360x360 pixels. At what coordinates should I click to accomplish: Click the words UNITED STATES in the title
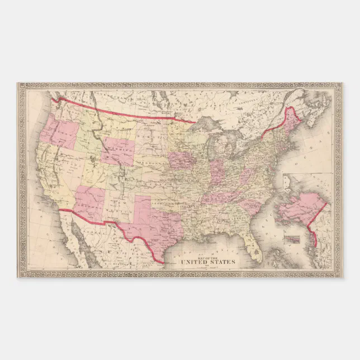point(207,262)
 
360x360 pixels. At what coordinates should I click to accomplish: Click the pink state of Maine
point(290,122)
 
